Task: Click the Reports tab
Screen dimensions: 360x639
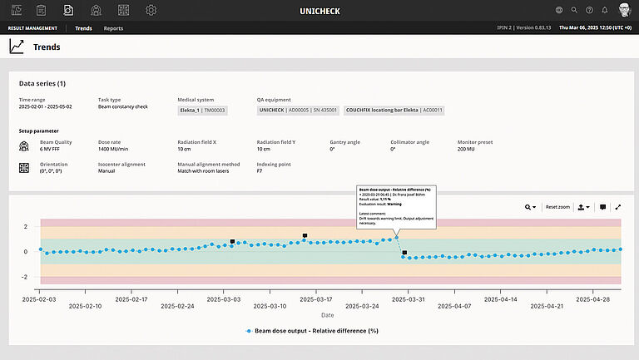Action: [113, 28]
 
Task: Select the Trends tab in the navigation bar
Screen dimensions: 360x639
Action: [83, 28]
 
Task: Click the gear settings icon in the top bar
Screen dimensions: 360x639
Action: [151, 10]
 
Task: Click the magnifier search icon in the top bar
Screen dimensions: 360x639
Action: [574, 10]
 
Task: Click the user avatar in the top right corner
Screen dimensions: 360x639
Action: [624, 10]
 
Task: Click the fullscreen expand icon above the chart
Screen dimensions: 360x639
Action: [618, 207]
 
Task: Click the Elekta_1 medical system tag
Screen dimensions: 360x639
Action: [203, 110]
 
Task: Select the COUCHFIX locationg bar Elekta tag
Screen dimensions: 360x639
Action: [394, 110]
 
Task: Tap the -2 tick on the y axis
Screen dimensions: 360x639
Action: [26, 277]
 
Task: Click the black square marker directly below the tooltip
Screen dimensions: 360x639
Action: [404, 252]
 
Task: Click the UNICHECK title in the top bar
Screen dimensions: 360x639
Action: [319, 11]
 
